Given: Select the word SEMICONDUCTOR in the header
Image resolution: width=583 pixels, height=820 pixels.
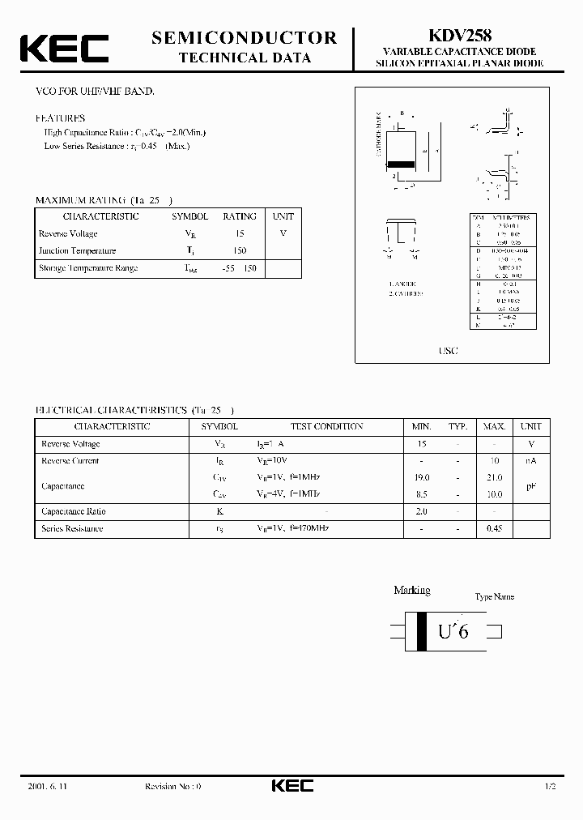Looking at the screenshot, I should [x=245, y=37].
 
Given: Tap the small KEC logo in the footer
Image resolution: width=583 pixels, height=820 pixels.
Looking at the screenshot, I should [x=291, y=786].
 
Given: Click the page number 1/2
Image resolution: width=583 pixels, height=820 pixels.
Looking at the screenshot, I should [x=550, y=787].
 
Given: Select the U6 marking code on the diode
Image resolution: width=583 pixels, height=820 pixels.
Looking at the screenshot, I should [x=453, y=631].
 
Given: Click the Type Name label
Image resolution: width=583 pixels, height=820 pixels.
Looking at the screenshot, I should [x=495, y=597].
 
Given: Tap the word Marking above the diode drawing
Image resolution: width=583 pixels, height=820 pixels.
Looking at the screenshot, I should [x=412, y=591].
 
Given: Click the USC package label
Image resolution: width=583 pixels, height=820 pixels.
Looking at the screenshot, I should [x=448, y=351].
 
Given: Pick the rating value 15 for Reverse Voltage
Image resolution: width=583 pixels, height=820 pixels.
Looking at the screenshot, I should [x=240, y=233].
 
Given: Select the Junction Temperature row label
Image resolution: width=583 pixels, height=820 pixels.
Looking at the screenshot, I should [x=78, y=250].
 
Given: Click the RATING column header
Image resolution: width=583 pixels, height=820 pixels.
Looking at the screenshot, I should [x=240, y=216].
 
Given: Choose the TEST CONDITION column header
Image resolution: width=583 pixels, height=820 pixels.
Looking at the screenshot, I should [x=327, y=426].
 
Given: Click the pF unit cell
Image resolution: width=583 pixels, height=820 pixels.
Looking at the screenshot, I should [x=531, y=486].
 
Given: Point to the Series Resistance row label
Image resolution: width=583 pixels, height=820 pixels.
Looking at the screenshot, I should [x=72, y=528].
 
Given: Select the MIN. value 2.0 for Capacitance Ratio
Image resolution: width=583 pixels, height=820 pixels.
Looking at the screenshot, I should [x=421, y=511].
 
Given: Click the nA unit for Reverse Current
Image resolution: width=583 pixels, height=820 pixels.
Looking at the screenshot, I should [x=531, y=461].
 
